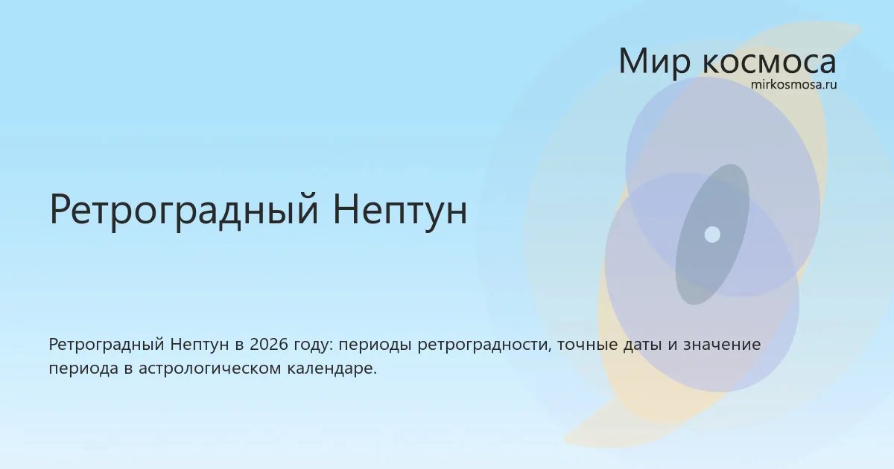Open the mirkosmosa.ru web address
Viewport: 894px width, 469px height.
tap(793, 85)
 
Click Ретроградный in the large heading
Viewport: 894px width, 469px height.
tap(184, 210)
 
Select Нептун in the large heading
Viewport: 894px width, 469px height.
tap(400, 210)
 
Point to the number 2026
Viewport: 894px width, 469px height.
tap(269, 345)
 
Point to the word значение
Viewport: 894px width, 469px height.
tap(722, 345)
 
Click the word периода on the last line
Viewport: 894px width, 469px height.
tap(83, 370)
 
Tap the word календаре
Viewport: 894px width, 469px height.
tap(332, 368)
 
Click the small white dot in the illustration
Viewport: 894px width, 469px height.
tap(712, 234)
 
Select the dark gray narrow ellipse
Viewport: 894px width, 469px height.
tap(712, 234)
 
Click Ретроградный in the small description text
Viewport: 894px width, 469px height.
tap(107, 345)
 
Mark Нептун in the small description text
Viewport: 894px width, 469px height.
tap(200, 345)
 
